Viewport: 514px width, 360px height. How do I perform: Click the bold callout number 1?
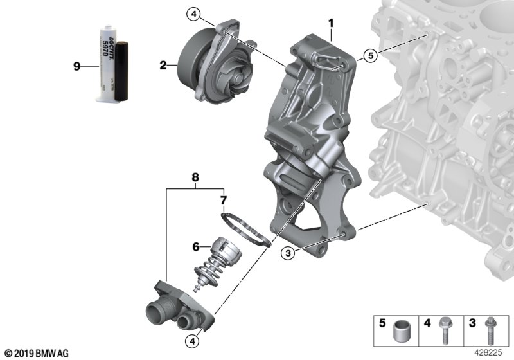tap(331, 24)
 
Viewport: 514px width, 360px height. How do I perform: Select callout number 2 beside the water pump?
tap(163, 65)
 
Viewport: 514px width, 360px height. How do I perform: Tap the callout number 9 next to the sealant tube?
tap(77, 66)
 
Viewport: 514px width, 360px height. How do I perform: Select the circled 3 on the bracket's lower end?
tap(289, 254)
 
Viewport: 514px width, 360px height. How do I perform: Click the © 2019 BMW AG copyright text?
tap(36, 354)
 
